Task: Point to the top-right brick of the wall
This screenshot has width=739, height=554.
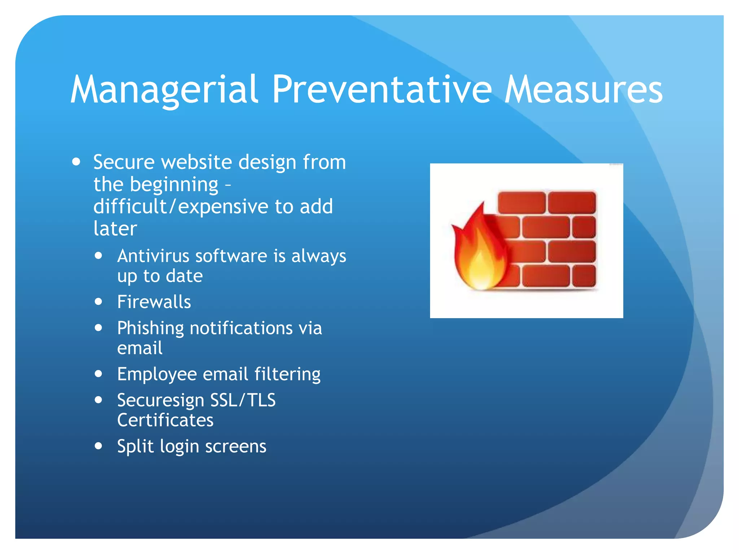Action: click(x=572, y=202)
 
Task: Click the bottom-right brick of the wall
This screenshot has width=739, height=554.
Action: click(x=584, y=276)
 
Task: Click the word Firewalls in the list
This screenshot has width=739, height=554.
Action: click(x=154, y=302)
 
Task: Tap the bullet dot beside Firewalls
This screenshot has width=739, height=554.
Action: click(x=99, y=302)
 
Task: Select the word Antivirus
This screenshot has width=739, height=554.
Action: click(x=153, y=256)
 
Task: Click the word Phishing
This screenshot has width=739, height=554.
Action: click(x=150, y=329)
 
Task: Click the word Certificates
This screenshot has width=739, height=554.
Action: click(x=165, y=420)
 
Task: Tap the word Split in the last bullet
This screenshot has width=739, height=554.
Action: click(x=135, y=447)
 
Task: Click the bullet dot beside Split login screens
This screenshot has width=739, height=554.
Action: click(x=99, y=446)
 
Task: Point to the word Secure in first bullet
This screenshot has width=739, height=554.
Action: click(x=124, y=162)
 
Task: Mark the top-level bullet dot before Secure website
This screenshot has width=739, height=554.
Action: click(x=76, y=162)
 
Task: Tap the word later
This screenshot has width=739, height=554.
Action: click(x=115, y=229)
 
